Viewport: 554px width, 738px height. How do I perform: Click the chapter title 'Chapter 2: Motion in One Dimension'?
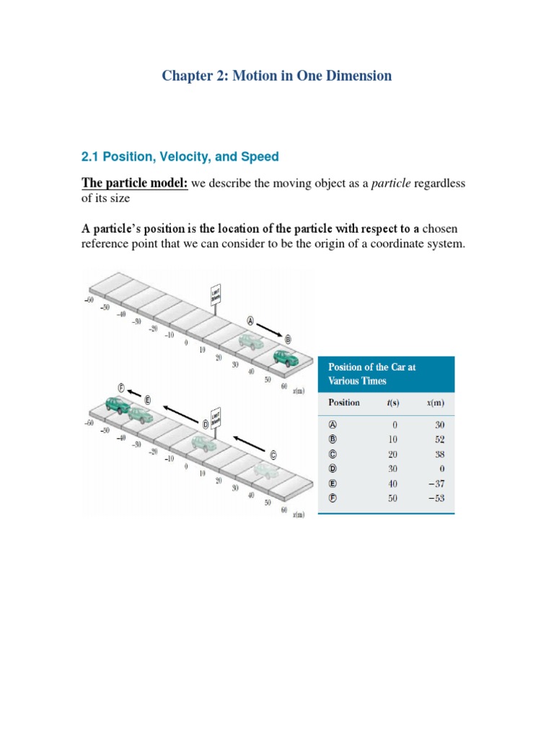point(277,76)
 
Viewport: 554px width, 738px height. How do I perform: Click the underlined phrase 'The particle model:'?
point(134,184)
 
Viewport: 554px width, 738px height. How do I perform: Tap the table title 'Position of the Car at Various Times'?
point(371,373)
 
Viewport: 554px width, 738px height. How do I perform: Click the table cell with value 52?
point(439,439)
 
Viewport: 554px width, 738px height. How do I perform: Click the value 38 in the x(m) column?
point(439,453)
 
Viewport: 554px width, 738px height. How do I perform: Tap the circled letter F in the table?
point(333,497)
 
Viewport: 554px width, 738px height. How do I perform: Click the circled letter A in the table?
point(333,424)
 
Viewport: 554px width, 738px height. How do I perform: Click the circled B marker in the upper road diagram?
point(288,338)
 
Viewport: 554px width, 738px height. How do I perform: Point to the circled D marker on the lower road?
point(205,424)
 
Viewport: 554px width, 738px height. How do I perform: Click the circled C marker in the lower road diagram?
point(273,454)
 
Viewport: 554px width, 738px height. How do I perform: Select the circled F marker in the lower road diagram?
point(123,388)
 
